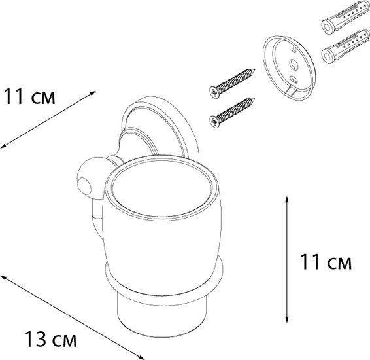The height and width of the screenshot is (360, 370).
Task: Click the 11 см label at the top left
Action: tap(27, 99)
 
